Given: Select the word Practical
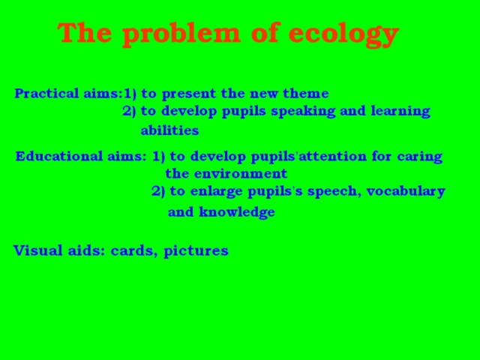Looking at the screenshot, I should point(46,94).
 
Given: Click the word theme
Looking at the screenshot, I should point(305,94).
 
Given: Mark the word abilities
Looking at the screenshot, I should point(169,130).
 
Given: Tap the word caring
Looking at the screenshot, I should point(417,157).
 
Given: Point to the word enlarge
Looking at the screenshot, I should point(217,191).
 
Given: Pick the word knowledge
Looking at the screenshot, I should point(236,212).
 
